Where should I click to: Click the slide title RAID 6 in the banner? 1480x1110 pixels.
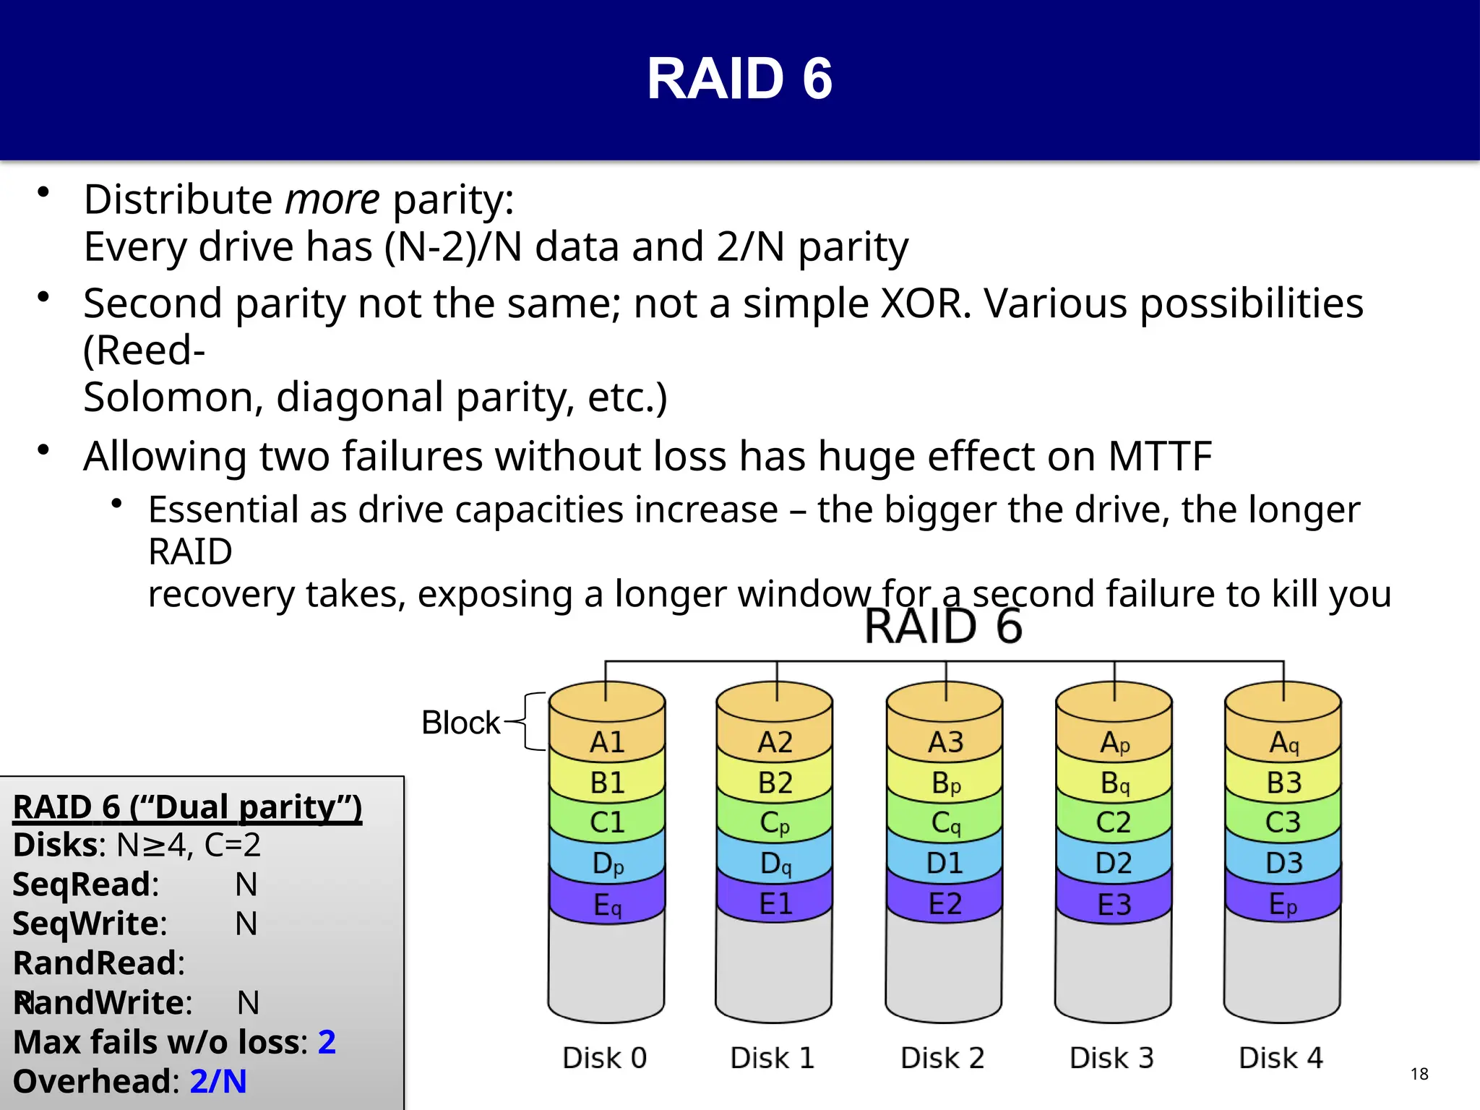pyautogui.click(x=739, y=79)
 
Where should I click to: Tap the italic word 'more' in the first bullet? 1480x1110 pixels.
pyautogui.click(x=332, y=199)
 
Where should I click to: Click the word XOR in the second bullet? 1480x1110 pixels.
pyautogui.click(x=925, y=303)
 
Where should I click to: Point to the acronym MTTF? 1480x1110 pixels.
pyautogui.click(x=1159, y=457)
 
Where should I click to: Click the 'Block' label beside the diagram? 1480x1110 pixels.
pyautogui.click(x=460, y=723)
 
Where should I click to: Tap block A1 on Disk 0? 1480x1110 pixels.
pyautogui.click(x=606, y=742)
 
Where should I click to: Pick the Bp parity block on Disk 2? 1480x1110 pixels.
pyautogui.click(x=945, y=783)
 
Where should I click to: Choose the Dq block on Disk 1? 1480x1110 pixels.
pyautogui.click(x=775, y=864)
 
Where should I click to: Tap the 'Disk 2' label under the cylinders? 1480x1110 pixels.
pyautogui.click(x=942, y=1058)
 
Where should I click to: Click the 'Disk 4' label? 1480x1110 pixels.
pyautogui.click(x=1281, y=1058)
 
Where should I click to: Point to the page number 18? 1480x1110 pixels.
pyautogui.click(x=1419, y=1074)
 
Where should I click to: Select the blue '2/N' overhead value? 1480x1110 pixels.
pyautogui.click(x=218, y=1082)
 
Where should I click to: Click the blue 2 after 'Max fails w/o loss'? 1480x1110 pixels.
pyautogui.click(x=327, y=1042)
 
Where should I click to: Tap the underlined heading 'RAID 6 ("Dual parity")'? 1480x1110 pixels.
pyautogui.click(x=187, y=807)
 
